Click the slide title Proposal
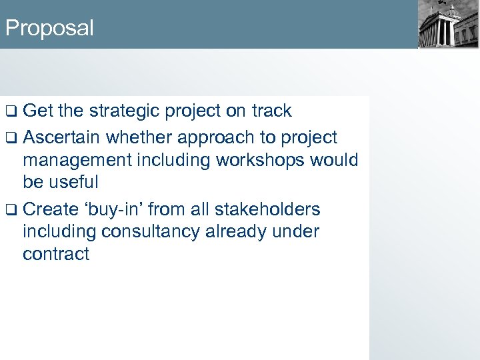[49, 28]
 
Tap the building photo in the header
[448, 24]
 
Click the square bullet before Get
[11, 111]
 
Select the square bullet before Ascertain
[11, 138]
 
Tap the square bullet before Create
[11, 210]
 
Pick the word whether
[138, 137]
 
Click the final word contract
[56, 254]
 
